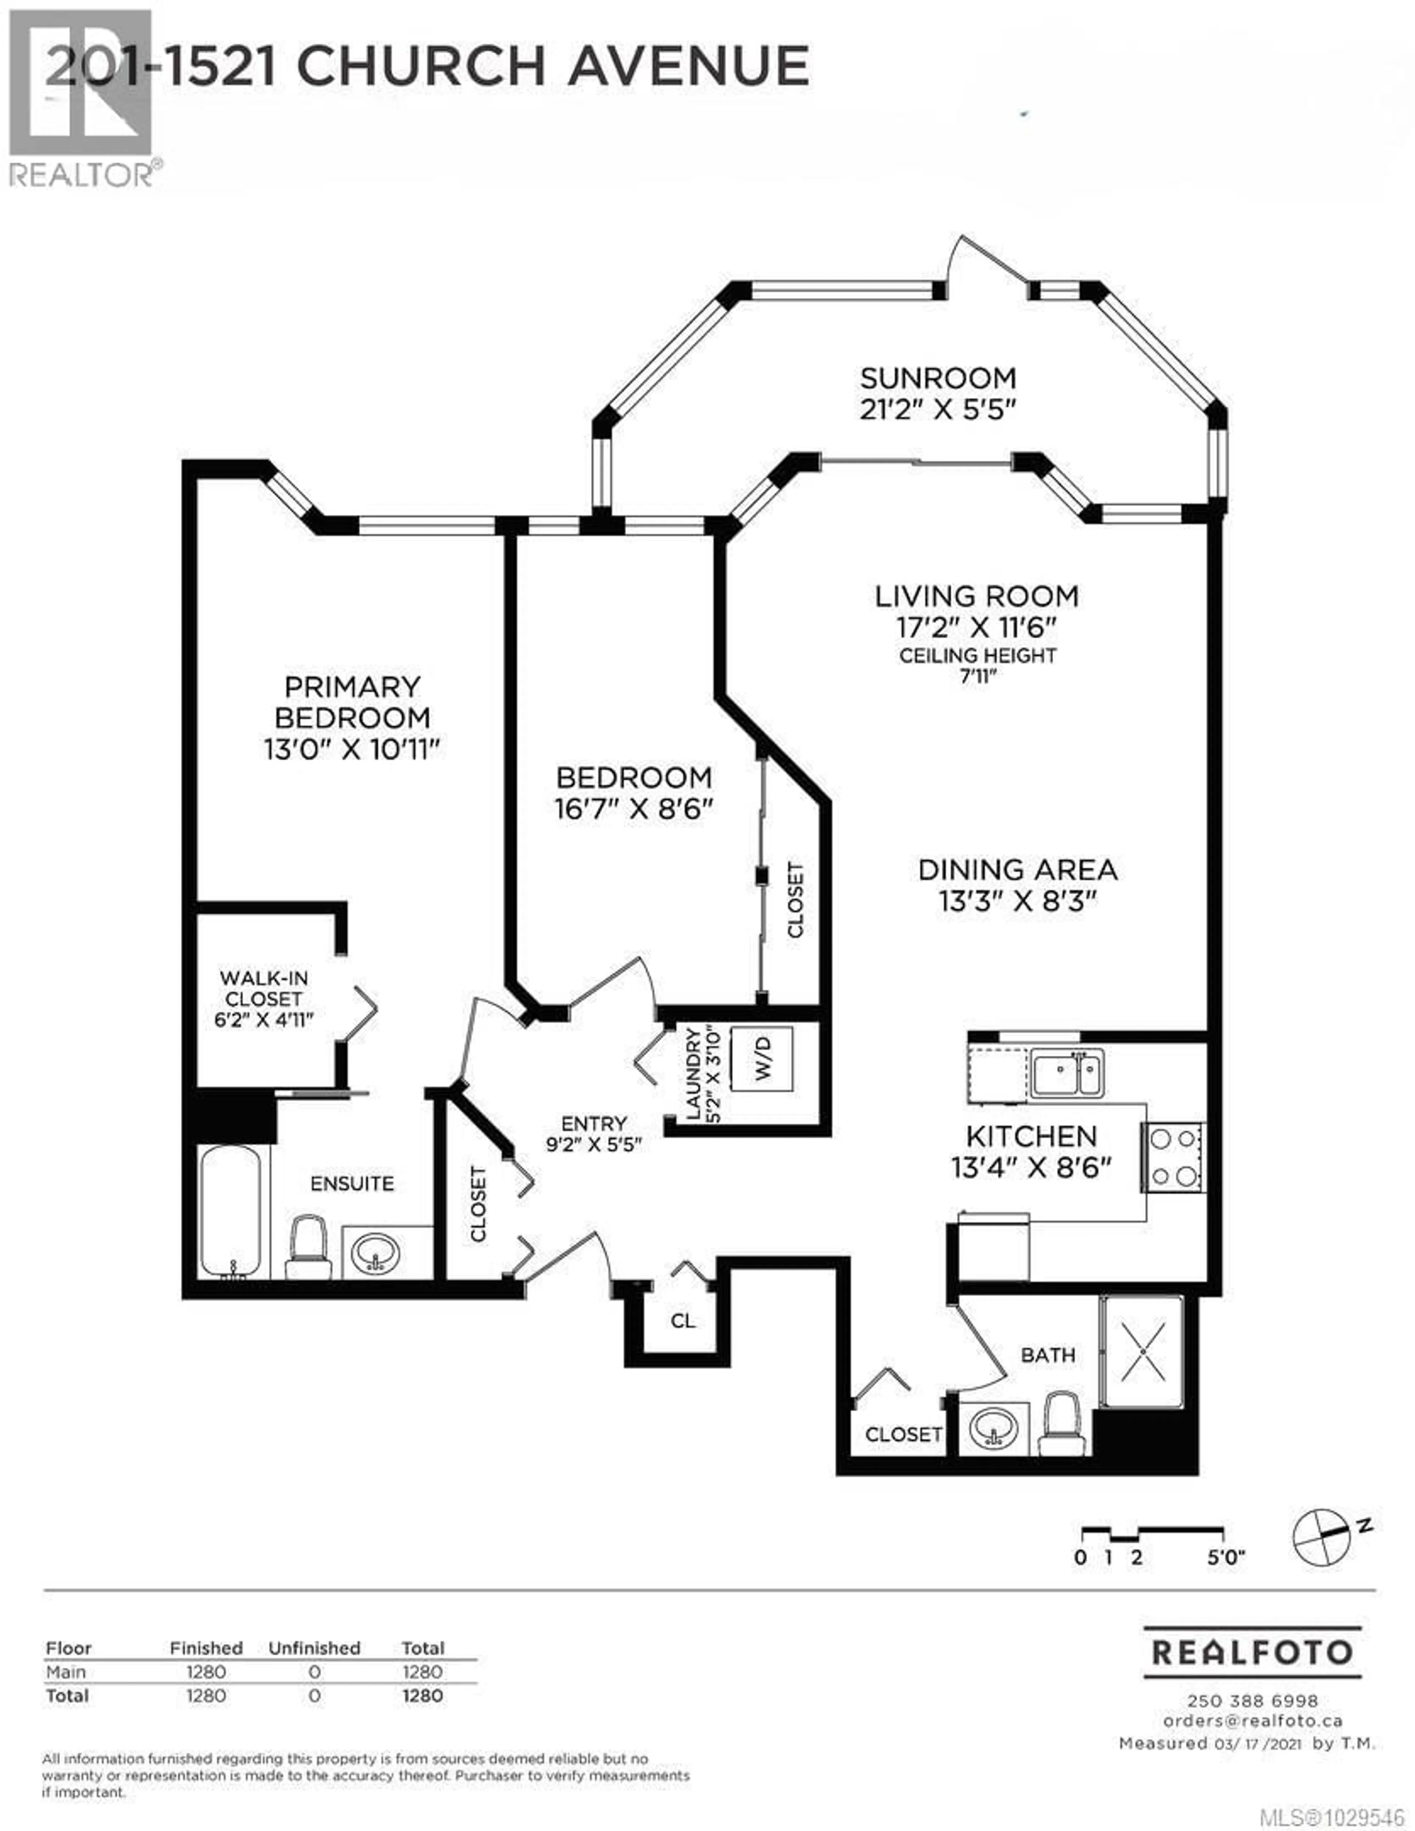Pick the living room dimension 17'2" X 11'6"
976,627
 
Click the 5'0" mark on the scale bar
1225,1558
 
